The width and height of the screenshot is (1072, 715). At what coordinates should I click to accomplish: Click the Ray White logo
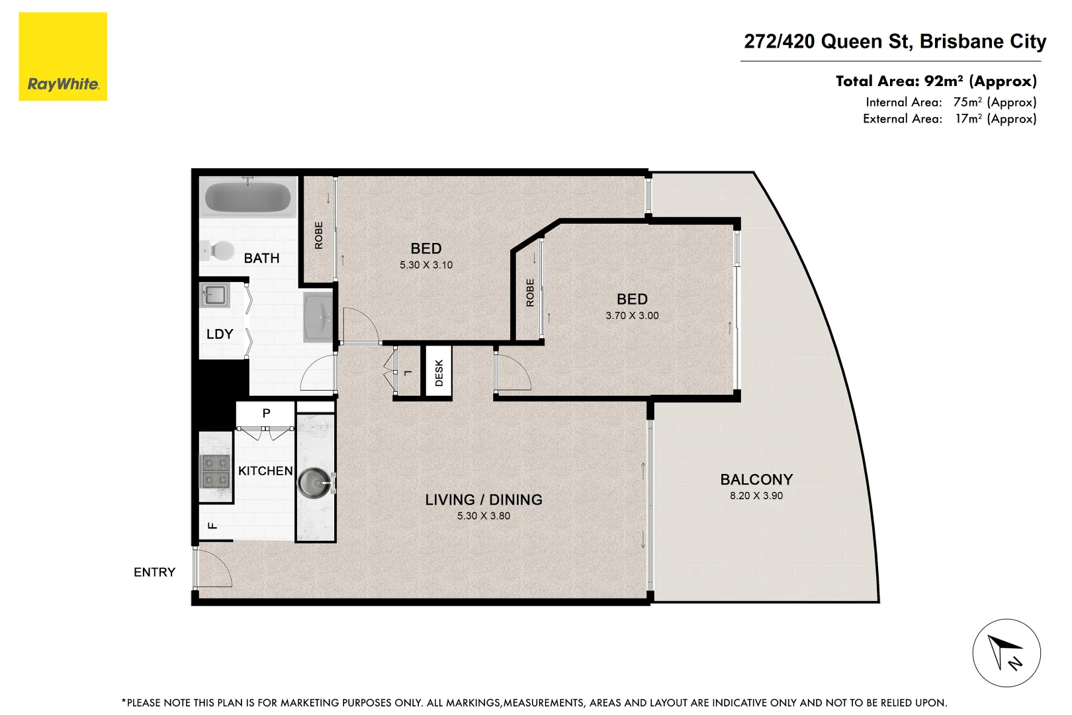click(63, 57)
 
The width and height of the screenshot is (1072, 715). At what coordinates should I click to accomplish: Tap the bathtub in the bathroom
click(247, 197)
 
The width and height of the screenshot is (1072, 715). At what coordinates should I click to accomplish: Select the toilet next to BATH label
click(220, 251)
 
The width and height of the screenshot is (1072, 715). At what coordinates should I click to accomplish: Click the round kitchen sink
click(314, 483)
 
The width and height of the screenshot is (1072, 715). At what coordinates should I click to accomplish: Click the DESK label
click(439, 373)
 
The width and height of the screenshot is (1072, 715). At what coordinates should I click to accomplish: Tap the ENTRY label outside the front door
click(154, 572)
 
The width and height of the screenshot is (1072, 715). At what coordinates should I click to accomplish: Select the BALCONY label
click(756, 479)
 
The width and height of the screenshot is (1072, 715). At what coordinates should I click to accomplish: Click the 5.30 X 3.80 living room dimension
click(483, 516)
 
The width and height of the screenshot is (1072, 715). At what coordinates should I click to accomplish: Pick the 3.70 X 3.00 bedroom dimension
click(632, 316)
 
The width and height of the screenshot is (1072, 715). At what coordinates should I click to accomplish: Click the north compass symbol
click(1006, 653)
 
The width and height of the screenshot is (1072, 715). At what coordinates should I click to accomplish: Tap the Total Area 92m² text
click(936, 81)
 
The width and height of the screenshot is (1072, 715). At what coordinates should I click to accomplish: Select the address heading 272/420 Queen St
click(895, 42)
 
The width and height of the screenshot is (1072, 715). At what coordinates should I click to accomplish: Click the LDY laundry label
click(220, 334)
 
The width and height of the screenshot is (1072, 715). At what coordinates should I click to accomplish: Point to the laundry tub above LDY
click(215, 295)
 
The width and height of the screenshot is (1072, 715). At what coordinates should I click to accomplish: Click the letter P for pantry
click(266, 413)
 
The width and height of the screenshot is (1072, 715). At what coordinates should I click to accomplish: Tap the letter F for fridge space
click(212, 526)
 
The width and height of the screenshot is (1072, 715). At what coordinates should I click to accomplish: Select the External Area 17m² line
click(949, 119)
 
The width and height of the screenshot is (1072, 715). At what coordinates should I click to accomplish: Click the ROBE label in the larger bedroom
click(319, 235)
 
